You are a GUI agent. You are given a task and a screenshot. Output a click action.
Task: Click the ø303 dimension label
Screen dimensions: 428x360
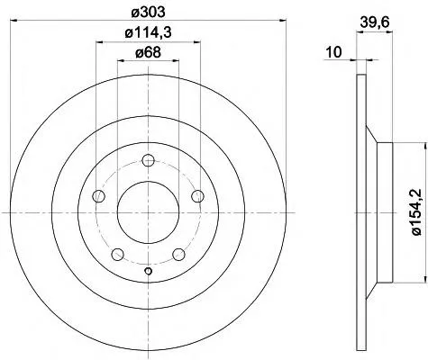click(x=149, y=12)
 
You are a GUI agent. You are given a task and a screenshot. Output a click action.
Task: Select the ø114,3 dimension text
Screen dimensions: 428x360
click(x=148, y=32)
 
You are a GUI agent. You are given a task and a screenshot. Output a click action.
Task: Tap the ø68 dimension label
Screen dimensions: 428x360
click(x=148, y=53)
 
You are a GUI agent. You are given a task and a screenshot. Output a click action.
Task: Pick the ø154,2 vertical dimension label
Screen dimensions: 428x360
click(x=417, y=212)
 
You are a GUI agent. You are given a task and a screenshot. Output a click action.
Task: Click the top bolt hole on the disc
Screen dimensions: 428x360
click(x=148, y=160)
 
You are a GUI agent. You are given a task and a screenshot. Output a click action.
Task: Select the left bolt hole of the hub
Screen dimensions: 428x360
click(x=98, y=196)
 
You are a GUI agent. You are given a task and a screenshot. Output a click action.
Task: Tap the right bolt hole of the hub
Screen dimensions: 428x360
click(x=198, y=196)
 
